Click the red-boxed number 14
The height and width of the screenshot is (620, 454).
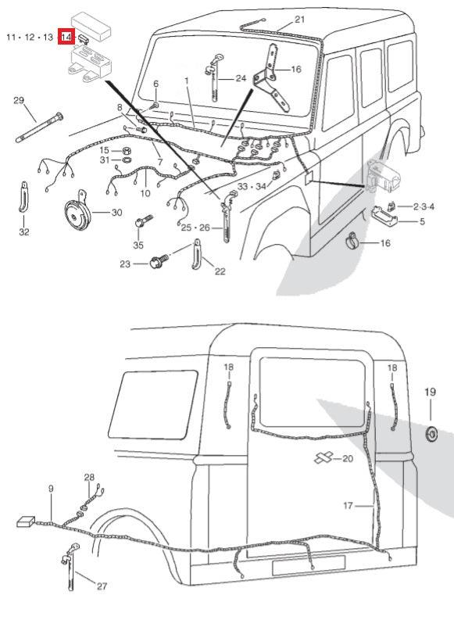(66, 37)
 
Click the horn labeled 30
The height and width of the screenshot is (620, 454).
(78, 213)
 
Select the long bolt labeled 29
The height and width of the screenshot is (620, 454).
(39, 127)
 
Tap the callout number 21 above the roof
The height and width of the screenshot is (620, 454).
(300, 19)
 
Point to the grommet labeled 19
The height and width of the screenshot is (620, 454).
(431, 434)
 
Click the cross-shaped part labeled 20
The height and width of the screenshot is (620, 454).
(324, 457)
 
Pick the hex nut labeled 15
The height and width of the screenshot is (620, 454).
(127, 151)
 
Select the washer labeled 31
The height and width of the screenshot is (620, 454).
(127, 160)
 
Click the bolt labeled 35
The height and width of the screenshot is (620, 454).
(143, 220)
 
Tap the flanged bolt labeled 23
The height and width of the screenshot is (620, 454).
(159, 261)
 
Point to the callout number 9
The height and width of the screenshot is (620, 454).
(51, 489)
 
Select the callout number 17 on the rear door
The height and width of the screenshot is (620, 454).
(348, 505)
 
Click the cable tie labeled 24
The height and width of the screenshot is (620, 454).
(214, 77)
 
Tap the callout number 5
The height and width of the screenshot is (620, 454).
(422, 221)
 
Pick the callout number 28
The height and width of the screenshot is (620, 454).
(89, 477)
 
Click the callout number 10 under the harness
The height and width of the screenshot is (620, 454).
(145, 193)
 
